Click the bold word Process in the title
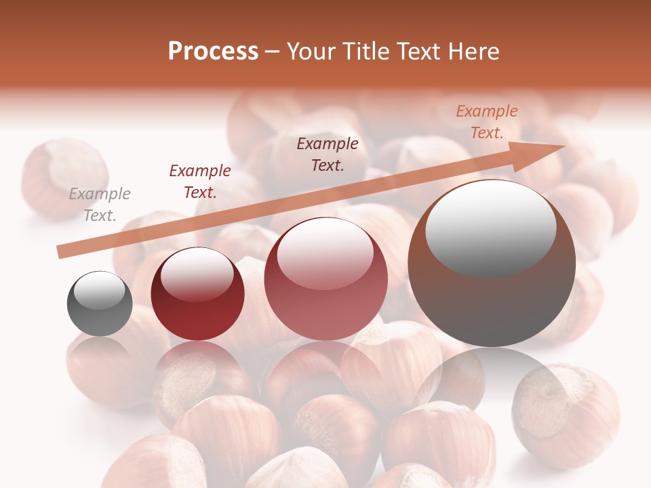213,52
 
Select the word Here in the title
473,52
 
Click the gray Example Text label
100,205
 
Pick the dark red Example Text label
200,182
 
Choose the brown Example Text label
328,154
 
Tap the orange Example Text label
486,122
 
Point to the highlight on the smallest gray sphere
100,290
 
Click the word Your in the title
309,52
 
